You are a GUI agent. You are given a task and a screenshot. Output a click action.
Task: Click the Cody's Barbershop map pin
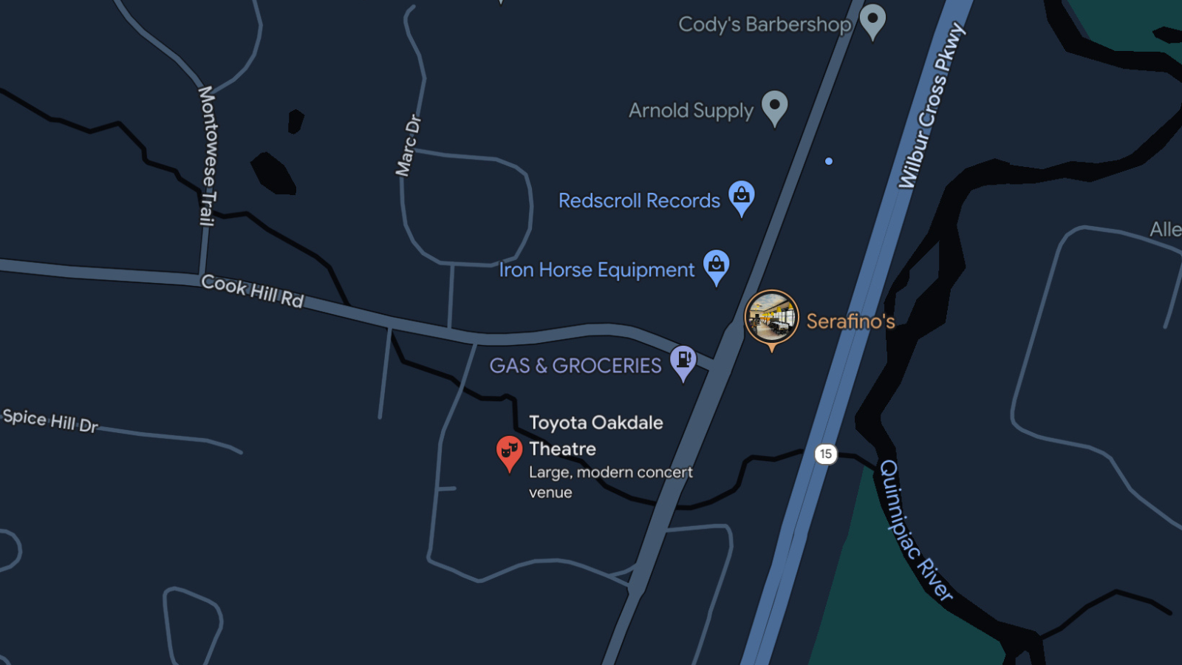tap(872, 20)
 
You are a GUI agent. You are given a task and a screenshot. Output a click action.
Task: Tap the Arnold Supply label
tap(691, 111)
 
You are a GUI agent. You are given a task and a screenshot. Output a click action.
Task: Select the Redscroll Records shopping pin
tap(742, 197)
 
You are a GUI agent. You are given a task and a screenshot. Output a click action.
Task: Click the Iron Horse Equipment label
tap(596, 270)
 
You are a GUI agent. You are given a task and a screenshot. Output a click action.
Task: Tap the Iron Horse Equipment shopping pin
tap(716, 265)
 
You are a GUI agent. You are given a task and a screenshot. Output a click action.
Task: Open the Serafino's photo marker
tap(771, 318)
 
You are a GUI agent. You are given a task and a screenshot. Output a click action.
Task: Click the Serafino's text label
tap(850, 321)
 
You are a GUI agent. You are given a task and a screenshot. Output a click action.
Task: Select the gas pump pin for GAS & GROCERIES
tap(683, 361)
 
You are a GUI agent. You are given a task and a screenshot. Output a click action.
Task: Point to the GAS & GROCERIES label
tap(575, 366)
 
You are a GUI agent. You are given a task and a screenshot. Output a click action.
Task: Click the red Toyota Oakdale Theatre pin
tap(509, 451)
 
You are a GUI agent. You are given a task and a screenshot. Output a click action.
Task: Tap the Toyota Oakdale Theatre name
tap(595, 435)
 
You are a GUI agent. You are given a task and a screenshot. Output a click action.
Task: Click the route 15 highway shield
tap(826, 454)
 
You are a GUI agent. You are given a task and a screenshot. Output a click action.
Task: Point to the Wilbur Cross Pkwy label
tap(931, 106)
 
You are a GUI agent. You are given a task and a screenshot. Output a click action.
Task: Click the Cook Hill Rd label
tap(253, 290)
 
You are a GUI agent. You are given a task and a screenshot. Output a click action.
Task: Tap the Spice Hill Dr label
tap(50, 420)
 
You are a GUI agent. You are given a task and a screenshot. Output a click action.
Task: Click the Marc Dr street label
tap(408, 146)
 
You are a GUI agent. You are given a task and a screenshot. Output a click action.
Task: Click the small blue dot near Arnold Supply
tap(829, 161)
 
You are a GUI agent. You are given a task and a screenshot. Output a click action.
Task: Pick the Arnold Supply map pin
tap(774, 106)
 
